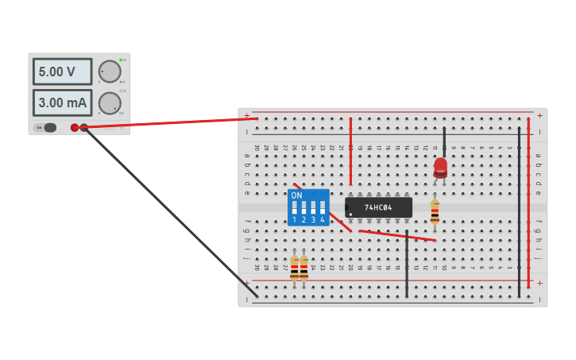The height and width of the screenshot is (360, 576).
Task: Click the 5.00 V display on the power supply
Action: click(x=62, y=72)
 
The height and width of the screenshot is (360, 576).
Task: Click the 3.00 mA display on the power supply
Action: click(x=62, y=103)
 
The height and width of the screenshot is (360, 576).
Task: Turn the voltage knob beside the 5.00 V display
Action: click(x=109, y=71)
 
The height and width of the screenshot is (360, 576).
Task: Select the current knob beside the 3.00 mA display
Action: click(x=109, y=103)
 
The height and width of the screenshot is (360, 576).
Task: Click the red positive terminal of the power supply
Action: click(x=75, y=127)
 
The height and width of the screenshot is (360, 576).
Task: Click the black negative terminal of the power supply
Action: click(x=84, y=127)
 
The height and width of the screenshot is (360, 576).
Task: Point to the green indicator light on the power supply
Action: click(x=121, y=60)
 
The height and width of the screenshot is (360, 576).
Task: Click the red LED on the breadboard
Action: click(x=440, y=167)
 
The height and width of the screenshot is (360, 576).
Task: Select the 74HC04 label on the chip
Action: click(x=378, y=207)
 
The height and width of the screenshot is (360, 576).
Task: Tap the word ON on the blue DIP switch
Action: click(x=296, y=195)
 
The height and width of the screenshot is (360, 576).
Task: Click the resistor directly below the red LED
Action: click(x=435, y=211)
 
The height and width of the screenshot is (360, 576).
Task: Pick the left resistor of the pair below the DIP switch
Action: click(x=294, y=268)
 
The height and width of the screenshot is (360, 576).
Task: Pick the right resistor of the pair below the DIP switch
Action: click(x=303, y=268)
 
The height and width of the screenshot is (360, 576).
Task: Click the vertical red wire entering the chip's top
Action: click(x=350, y=151)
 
